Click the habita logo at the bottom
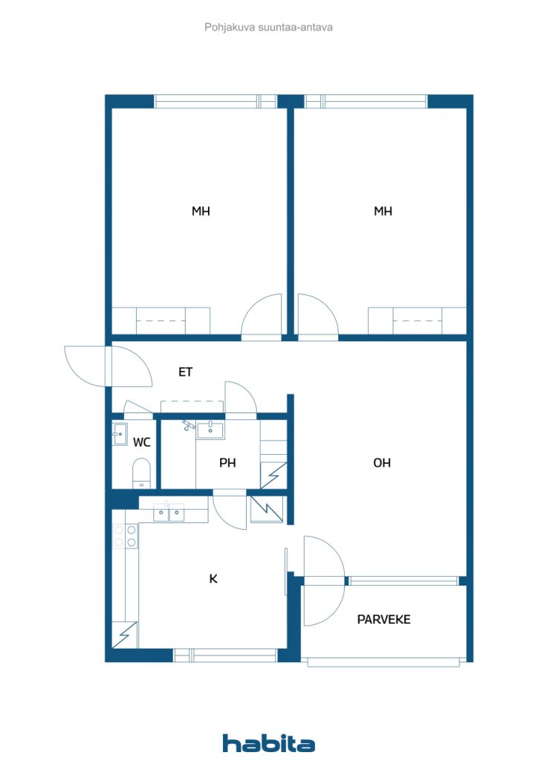[268, 742]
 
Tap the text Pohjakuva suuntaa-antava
[268, 27]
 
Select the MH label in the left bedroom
[201, 212]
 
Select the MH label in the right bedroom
[383, 212]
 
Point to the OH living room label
[382, 463]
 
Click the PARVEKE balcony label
[383, 619]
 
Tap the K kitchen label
[213, 578]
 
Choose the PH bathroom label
[227, 463]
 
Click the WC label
[142, 442]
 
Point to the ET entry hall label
[186, 372]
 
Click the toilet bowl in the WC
[141, 473]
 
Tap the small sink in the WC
[120, 434]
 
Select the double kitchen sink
[169, 513]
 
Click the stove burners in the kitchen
[126, 537]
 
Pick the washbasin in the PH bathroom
[210, 429]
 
